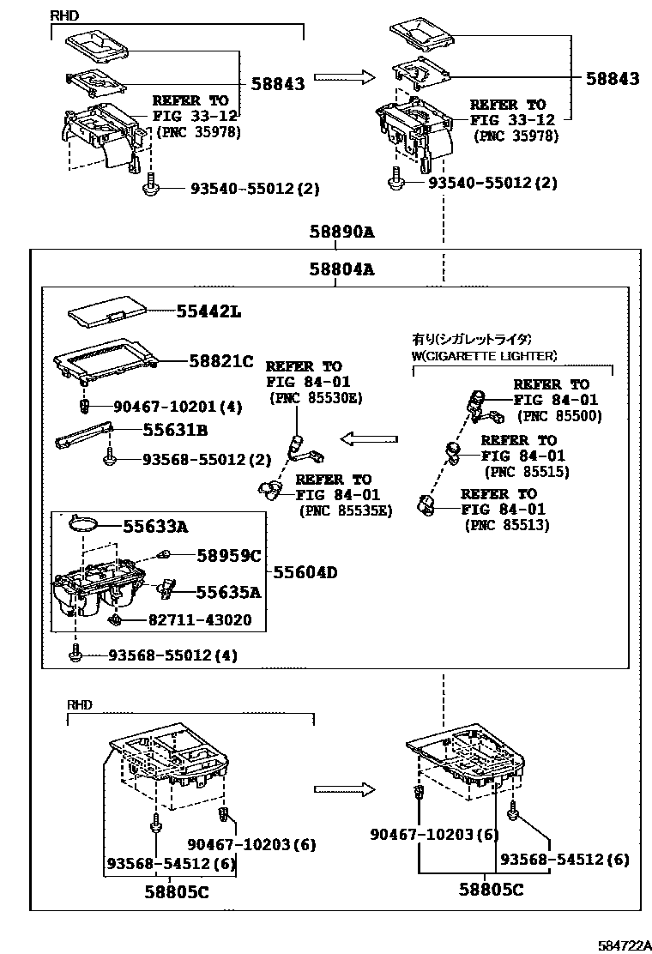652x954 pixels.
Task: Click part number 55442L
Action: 209,313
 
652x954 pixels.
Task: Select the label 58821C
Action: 221,362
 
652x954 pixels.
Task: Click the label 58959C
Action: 228,556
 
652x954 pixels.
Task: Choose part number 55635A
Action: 228,591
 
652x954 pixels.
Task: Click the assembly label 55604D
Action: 305,572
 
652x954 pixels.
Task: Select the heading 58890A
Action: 342,232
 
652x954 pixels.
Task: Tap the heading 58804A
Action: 342,269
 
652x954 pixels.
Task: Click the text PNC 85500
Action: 559,416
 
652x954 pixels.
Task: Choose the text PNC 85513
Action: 507,524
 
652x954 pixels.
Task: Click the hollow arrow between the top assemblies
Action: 344,78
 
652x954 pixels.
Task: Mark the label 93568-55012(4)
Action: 172,655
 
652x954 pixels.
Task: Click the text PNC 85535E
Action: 345,510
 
